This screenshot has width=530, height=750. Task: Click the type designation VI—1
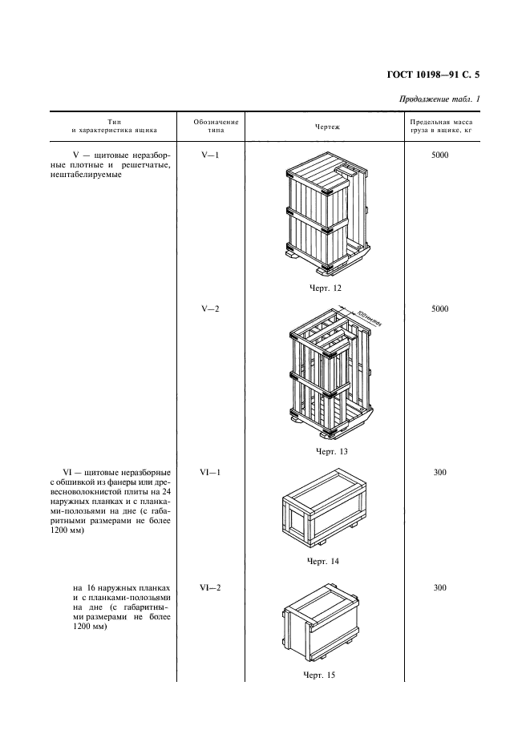(x=209, y=472)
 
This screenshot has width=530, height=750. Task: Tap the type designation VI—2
(x=209, y=587)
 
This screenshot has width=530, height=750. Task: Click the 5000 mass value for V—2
(x=439, y=308)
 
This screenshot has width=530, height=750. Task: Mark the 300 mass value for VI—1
(x=439, y=472)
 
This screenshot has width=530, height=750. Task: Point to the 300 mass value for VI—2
(x=439, y=587)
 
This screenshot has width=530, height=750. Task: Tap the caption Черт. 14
(x=323, y=561)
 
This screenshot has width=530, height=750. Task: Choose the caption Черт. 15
(x=320, y=675)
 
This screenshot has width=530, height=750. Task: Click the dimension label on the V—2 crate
(x=368, y=317)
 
